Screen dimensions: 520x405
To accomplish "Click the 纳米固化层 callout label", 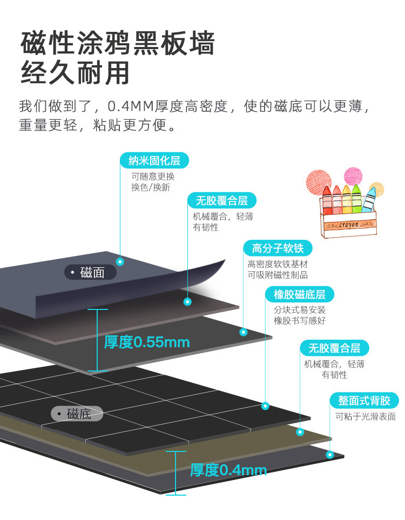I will click(x=154, y=160).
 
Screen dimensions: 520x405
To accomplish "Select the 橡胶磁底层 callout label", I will click(x=299, y=294).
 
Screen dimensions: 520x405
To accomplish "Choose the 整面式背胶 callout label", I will click(x=364, y=400).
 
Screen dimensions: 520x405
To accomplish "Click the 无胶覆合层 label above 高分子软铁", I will click(x=221, y=200).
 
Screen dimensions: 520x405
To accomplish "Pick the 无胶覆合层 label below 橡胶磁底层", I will click(x=334, y=347).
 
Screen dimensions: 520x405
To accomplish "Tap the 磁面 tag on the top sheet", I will click(x=91, y=272).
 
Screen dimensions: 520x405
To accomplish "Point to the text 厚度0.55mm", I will click(x=147, y=342).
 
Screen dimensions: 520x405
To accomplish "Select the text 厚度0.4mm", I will click(x=228, y=470).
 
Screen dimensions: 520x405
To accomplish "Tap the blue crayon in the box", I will click(x=370, y=199).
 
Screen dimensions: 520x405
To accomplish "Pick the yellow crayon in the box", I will click(x=346, y=200).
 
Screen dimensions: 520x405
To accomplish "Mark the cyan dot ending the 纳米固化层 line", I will click(x=120, y=261).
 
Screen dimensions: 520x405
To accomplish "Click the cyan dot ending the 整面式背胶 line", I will click(x=329, y=455).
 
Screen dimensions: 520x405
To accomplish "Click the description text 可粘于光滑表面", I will click(x=365, y=416).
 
